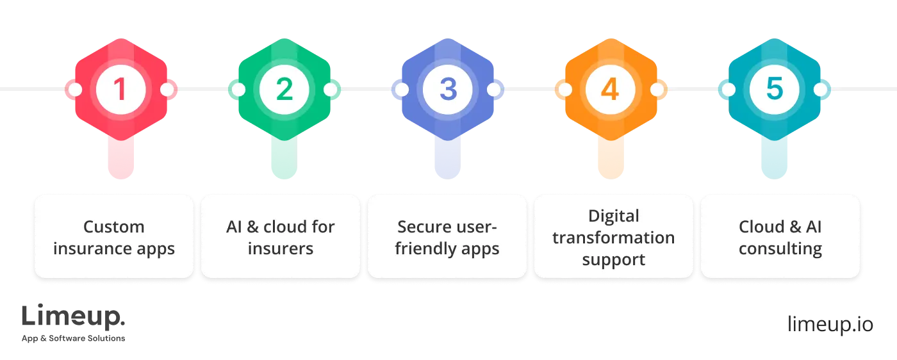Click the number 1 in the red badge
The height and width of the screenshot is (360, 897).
120,90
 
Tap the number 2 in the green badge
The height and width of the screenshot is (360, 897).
284,90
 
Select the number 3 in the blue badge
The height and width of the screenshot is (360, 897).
448,90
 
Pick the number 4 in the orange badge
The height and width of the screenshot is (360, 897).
610,90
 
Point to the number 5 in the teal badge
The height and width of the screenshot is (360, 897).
775,90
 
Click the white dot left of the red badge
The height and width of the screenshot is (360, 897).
75,90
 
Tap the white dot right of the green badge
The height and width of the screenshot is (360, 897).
330,90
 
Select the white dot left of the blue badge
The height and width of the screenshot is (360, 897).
402,90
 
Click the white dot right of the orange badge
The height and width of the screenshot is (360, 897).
657,90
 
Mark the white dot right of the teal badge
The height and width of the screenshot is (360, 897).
821,90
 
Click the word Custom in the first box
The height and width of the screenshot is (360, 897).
114,227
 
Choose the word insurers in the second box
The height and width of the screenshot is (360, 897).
281,249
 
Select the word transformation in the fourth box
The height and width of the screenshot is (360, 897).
614,238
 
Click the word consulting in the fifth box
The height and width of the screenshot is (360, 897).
780,249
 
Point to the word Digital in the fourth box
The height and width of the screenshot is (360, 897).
614,216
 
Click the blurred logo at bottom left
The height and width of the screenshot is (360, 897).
74,322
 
